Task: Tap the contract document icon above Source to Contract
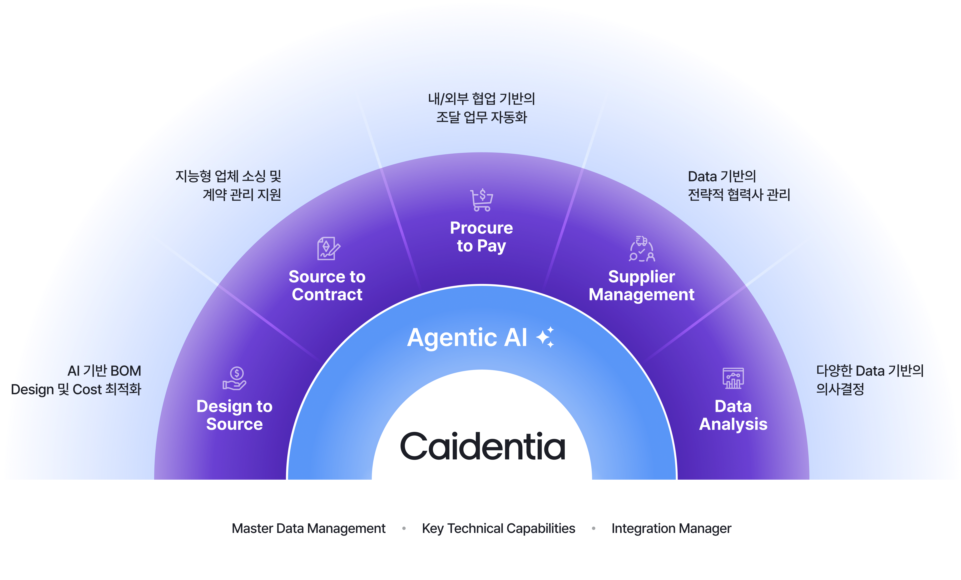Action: coord(328,248)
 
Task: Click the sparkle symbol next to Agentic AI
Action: coord(545,337)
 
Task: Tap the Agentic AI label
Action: coord(467,337)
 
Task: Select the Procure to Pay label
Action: coord(481,237)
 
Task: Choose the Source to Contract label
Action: coord(327,285)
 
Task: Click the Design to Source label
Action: coord(234,415)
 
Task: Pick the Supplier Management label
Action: coord(642,285)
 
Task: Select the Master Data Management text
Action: coord(308,529)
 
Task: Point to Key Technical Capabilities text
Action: coord(498,529)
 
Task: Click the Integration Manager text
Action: coord(671,529)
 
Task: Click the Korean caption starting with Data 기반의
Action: coord(739,185)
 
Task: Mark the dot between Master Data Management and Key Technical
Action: coord(404,529)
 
